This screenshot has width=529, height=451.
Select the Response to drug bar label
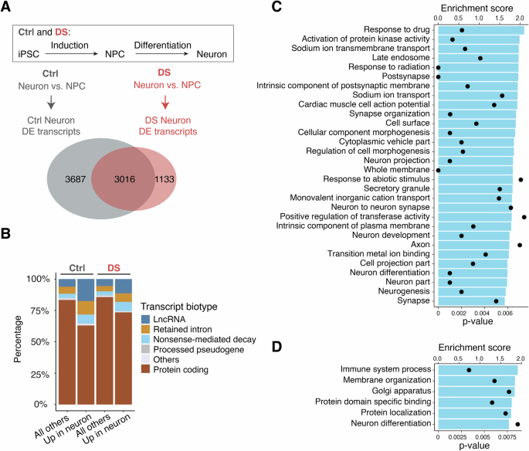click(398, 31)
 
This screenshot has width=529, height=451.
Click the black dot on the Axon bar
click(519, 245)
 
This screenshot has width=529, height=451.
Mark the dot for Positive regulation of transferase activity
click(524, 217)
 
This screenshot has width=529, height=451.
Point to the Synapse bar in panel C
click(471, 301)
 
